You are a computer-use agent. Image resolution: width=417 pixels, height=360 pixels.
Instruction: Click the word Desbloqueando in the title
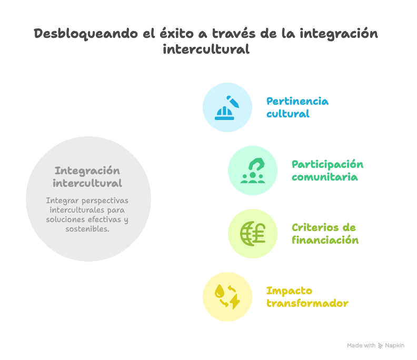86,34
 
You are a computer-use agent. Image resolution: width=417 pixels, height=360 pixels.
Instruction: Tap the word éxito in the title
176,34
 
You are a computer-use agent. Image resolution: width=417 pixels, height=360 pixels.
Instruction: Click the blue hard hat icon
224,113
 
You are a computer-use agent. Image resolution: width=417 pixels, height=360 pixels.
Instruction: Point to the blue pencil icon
233,102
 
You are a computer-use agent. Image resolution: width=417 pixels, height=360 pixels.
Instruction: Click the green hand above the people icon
256,164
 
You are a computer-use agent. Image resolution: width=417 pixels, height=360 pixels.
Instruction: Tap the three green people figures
253,178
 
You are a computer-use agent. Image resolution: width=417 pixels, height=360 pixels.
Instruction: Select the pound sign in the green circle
259,233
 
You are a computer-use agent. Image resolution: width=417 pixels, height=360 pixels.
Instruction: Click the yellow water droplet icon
220,291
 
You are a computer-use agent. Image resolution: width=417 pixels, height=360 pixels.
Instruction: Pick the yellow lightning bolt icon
235,301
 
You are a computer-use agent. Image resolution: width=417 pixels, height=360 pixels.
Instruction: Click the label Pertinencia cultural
297,107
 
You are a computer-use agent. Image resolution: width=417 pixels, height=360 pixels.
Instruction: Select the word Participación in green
327,165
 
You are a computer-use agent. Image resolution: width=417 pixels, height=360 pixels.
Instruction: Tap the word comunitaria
324,177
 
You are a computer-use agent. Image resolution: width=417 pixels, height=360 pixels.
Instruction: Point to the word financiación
325,240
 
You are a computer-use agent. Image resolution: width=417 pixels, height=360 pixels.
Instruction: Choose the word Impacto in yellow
289,291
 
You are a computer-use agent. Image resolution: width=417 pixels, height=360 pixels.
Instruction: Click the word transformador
307,303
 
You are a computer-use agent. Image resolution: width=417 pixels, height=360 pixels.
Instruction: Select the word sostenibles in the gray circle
87,228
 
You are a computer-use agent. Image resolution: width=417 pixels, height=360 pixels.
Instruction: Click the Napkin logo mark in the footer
380,346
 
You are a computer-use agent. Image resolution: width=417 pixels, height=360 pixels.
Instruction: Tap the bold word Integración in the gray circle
87,171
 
